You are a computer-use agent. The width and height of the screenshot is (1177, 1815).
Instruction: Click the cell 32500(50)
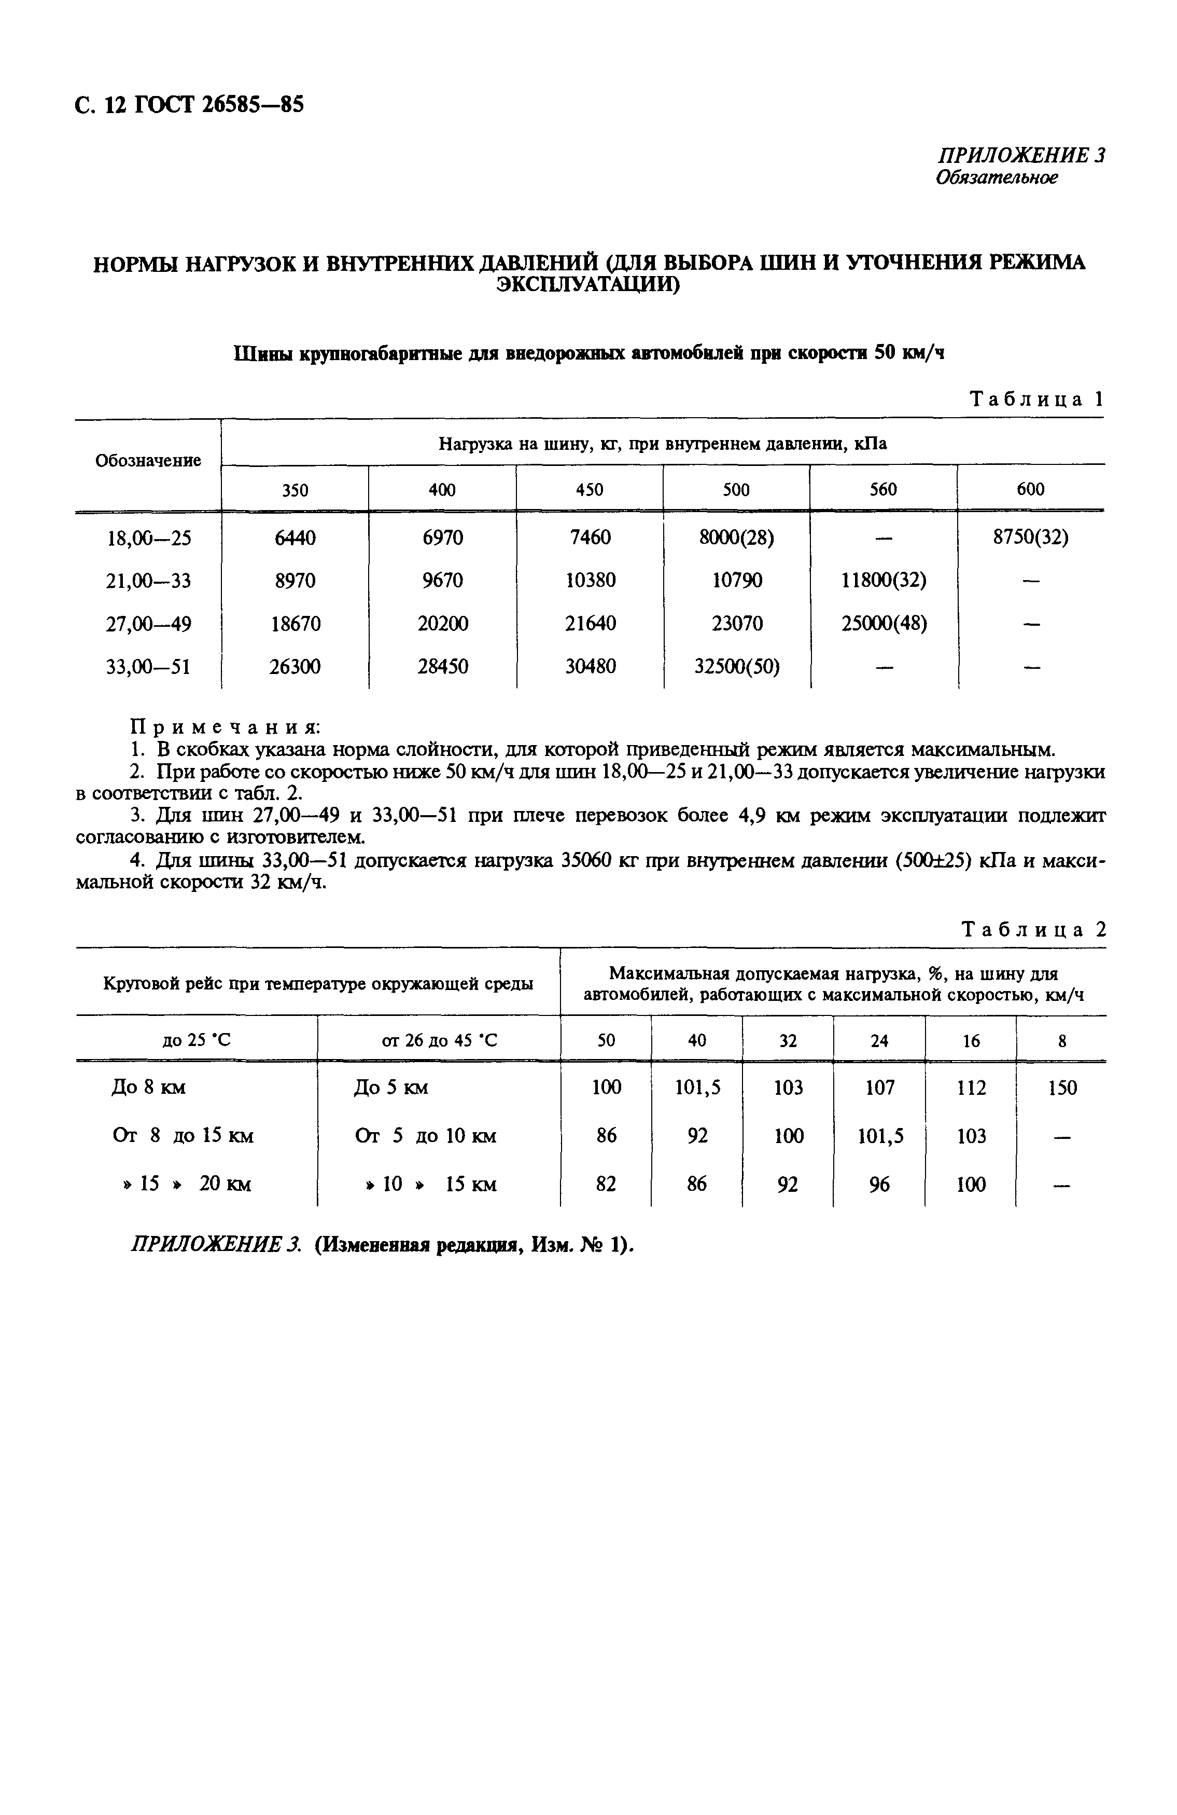[736, 667]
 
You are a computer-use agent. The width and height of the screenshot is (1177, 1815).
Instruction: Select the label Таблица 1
[1036, 400]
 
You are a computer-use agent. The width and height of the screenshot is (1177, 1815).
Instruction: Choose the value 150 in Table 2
[1062, 1088]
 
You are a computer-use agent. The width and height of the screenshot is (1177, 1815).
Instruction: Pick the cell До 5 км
[390, 1088]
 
